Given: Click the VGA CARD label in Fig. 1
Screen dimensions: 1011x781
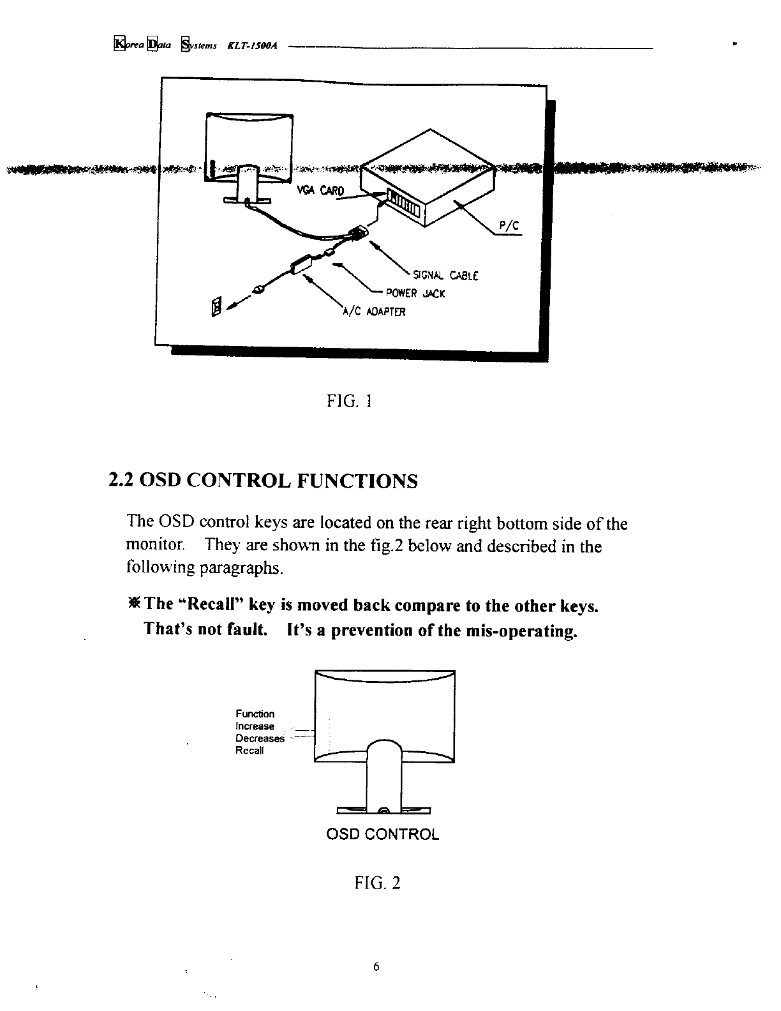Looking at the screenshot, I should coord(321,190).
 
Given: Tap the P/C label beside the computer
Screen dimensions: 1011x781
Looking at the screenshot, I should coord(508,226).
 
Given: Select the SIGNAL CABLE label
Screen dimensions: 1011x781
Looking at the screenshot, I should coord(445,276).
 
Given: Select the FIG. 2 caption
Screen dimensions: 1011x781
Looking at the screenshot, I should coord(377,883).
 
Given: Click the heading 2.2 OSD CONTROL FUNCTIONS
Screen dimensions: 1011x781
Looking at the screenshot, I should coord(264,481).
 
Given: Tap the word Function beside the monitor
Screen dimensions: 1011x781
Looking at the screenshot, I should coord(255,714).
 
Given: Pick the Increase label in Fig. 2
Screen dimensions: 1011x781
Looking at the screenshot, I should coord(255,726).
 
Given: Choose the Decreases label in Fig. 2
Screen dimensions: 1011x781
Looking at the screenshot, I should coord(260,738).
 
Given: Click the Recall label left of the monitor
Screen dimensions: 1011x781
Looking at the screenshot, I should coord(249,751).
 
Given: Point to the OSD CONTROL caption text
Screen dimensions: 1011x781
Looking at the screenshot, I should coord(383,834).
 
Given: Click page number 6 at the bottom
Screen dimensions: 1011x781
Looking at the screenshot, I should coord(376,967).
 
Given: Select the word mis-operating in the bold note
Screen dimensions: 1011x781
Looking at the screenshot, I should coord(522,631).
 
